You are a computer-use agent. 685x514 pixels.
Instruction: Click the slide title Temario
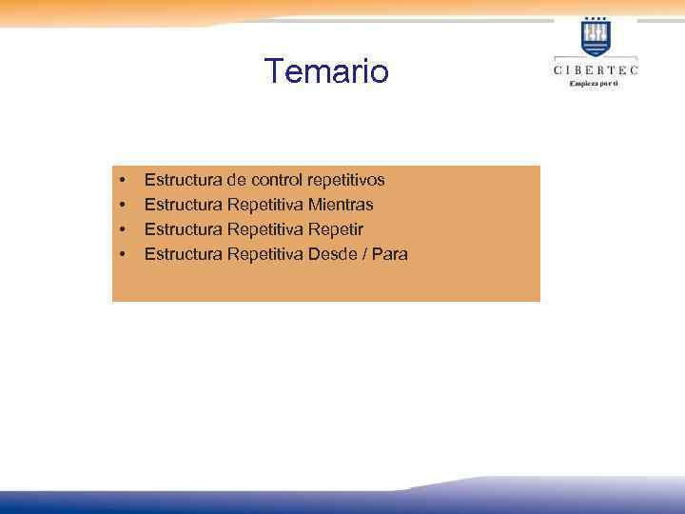click(x=326, y=70)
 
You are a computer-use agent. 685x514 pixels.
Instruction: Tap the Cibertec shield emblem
click(x=596, y=37)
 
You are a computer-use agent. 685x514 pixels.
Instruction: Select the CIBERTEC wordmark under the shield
click(x=596, y=69)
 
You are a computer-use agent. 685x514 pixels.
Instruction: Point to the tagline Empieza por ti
click(x=595, y=83)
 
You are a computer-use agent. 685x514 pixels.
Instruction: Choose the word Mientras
click(x=341, y=205)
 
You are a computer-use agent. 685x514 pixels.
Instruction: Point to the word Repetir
click(x=336, y=229)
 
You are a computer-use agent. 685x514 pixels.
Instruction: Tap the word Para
click(x=389, y=254)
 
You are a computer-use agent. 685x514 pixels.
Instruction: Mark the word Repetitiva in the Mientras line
click(x=265, y=205)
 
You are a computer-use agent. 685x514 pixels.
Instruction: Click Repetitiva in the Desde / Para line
click(x=265, y=254)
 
